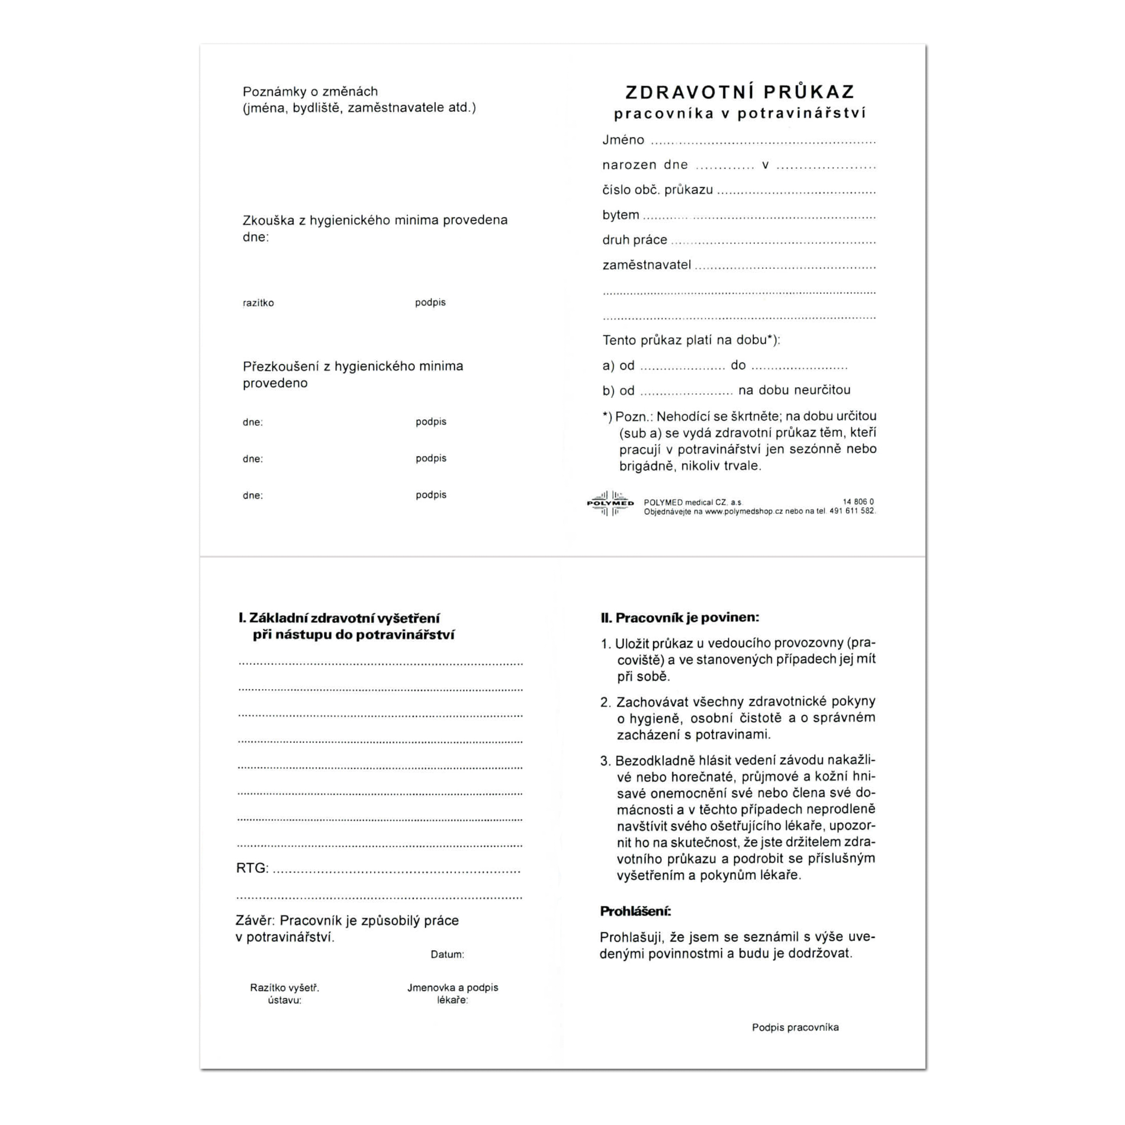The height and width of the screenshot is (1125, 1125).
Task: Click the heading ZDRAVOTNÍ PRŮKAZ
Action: (x=740, y=92)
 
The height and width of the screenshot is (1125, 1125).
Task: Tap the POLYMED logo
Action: (x=610, y=503)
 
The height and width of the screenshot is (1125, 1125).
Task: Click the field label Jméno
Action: (x=623, y=140)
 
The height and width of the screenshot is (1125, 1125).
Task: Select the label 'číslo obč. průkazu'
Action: (x=657, y=190)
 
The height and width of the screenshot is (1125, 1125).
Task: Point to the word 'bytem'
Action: (x=621, y=215)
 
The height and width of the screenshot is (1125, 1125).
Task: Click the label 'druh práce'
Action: (x=634, y=240)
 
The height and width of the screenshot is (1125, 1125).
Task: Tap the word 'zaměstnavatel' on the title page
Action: (x=646, y=265)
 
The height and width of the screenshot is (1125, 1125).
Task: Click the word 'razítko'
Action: (x=258, y=303)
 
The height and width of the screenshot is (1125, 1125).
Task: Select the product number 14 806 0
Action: (x=858, y=502)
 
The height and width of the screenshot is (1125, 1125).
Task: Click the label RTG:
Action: (x=252, y=868)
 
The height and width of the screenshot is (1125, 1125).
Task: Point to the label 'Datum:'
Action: (x=447, y=954)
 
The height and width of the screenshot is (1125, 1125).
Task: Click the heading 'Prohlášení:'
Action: (x=635, y=911)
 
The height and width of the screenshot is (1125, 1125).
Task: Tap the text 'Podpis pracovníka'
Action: (x=795, y=1027)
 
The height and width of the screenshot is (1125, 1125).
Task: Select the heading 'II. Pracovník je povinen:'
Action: (x=679, y=618)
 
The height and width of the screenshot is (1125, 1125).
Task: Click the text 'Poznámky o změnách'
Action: (x=310, y=91)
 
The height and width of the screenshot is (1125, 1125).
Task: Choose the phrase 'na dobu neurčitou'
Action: (x=794, y=390)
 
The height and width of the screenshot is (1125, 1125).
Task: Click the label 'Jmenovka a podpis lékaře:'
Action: (x=452, y=994)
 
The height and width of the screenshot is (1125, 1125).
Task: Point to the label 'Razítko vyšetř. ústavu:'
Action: (x=284, y=994)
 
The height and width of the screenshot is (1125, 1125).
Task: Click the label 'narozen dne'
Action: (x=645, y=165)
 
